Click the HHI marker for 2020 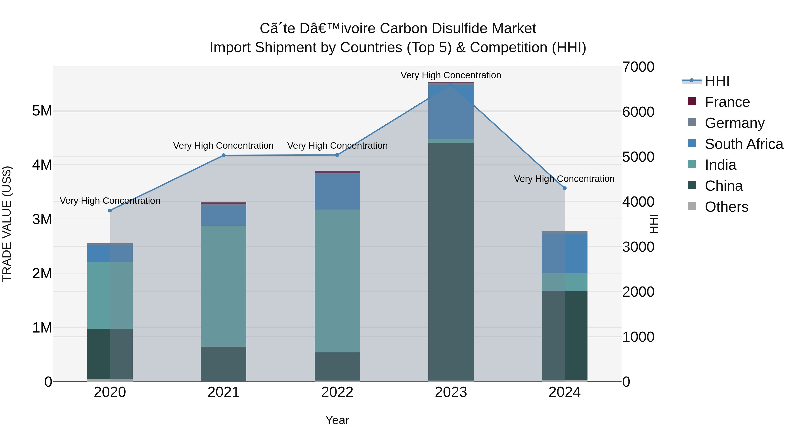coord(110,211)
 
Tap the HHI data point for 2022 coord(337,155)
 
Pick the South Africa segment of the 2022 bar coord(337,192)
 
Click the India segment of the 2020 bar coord(110,295)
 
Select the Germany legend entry coord(734,123)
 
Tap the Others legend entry coord(726,207)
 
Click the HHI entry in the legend coord(717,81)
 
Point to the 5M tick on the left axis coord(42,111)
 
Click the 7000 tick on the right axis coord(638,67)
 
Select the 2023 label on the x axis coord(451,392)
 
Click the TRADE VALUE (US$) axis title coord(7,224)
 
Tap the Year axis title coord(337,420)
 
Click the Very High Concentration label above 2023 coord(451,75)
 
